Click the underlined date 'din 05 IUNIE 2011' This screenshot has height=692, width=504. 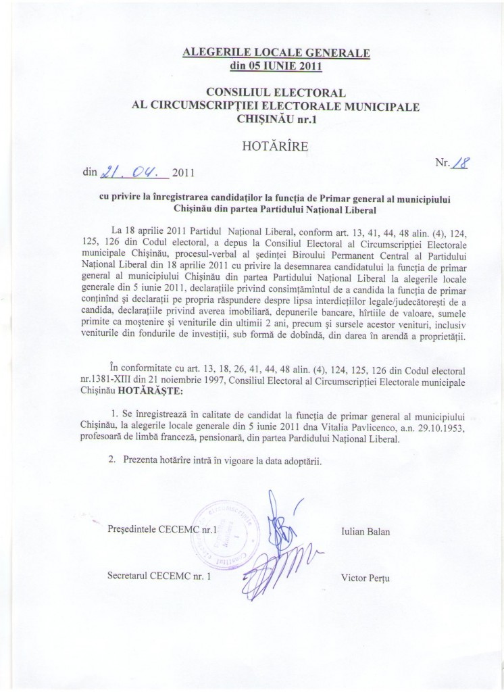[x=276, y=66]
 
